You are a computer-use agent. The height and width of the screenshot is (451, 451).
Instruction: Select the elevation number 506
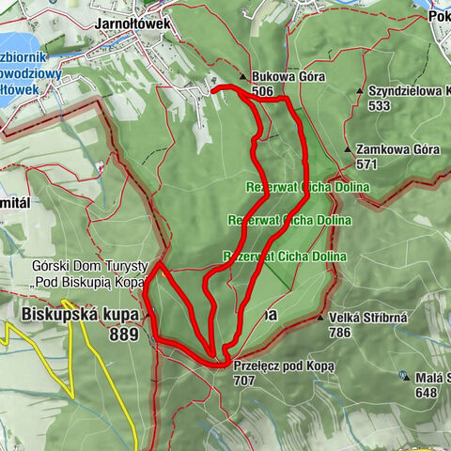(262, 91)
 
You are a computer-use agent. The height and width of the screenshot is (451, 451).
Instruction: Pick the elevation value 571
(367, 163)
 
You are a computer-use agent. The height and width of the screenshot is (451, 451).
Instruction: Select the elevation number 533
(381, 106)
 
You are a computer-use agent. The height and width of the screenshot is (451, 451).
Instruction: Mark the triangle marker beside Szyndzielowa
(361, 91)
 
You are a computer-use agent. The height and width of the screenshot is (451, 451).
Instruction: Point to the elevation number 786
(341, 332)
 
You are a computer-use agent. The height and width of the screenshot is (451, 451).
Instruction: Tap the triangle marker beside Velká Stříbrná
(320, 318)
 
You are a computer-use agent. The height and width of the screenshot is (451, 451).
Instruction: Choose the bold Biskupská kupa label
(77, 313)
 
